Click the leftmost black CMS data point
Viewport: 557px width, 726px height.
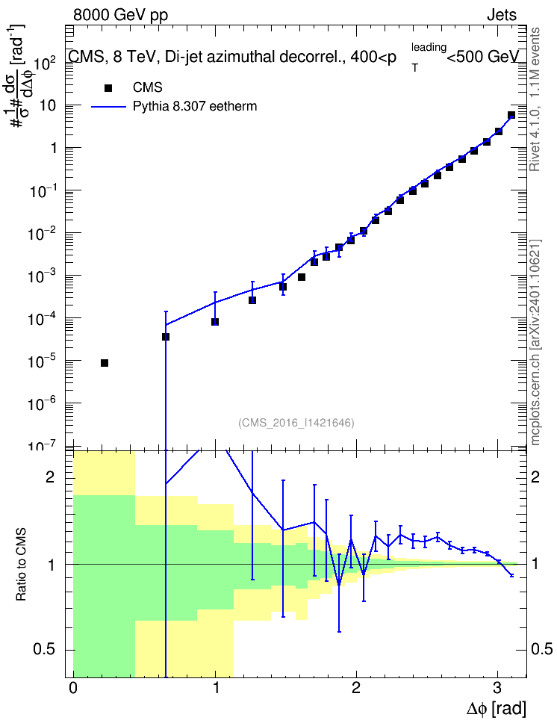pos(105,363)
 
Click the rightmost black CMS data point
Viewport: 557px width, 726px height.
pos(511,115)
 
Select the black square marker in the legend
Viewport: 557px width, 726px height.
pos(108,88)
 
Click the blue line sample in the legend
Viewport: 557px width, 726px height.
pos(109,107)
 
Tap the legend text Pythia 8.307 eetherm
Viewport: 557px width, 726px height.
pos(194,107)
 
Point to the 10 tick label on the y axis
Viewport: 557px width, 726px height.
pos(48,105)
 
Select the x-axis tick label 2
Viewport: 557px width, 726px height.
pos(355,688)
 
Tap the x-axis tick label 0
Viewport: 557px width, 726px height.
pos(73,688)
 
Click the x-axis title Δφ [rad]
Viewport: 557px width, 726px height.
pos(496,709)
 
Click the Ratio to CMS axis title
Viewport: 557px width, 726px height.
pos(21,565)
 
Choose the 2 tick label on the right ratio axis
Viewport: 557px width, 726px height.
pos(535,477)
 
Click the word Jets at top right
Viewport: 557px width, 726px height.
pos(502,15)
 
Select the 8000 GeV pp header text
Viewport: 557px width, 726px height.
pos(120,15)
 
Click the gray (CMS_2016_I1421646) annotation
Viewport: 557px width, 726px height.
pos(296,423)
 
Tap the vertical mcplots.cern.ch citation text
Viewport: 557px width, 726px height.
pos(535,343)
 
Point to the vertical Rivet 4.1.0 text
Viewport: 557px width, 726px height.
pos(535,99)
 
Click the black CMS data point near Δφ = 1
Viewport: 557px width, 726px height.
pos(215,322)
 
